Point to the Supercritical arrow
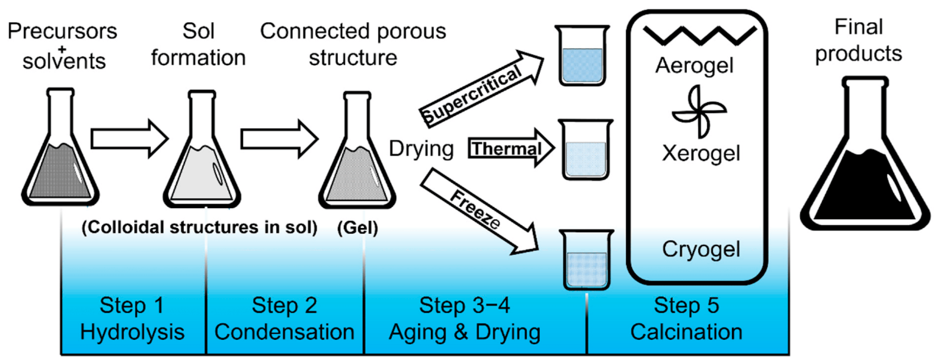click(481, 89)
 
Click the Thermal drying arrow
click(510, 148)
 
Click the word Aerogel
click(694, 66)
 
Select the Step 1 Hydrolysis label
click(132, 319)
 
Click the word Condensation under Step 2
click(284, 332)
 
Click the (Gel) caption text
click(357, 228)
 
